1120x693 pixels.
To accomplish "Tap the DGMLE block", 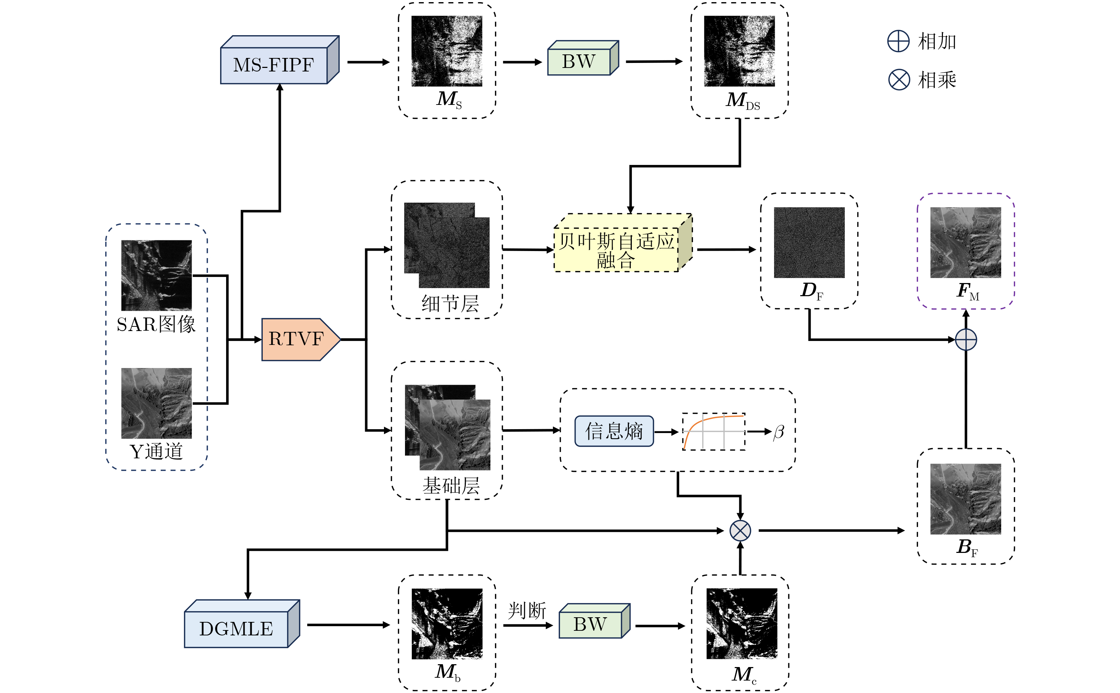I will point(236,628).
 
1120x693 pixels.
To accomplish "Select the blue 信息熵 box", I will point(614,431).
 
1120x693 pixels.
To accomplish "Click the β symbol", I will point(779,432).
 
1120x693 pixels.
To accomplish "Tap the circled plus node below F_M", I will point(966,340).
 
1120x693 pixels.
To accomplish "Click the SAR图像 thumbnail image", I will point(156,275).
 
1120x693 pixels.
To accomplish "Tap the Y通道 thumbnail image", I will point(156,403).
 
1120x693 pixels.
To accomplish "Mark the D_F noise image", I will point(809,242).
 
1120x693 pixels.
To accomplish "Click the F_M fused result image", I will point(966,242).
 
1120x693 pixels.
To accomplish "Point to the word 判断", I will point(527,611).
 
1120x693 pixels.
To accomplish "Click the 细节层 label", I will point(450,303).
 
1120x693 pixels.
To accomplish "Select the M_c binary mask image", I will point(741,623).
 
